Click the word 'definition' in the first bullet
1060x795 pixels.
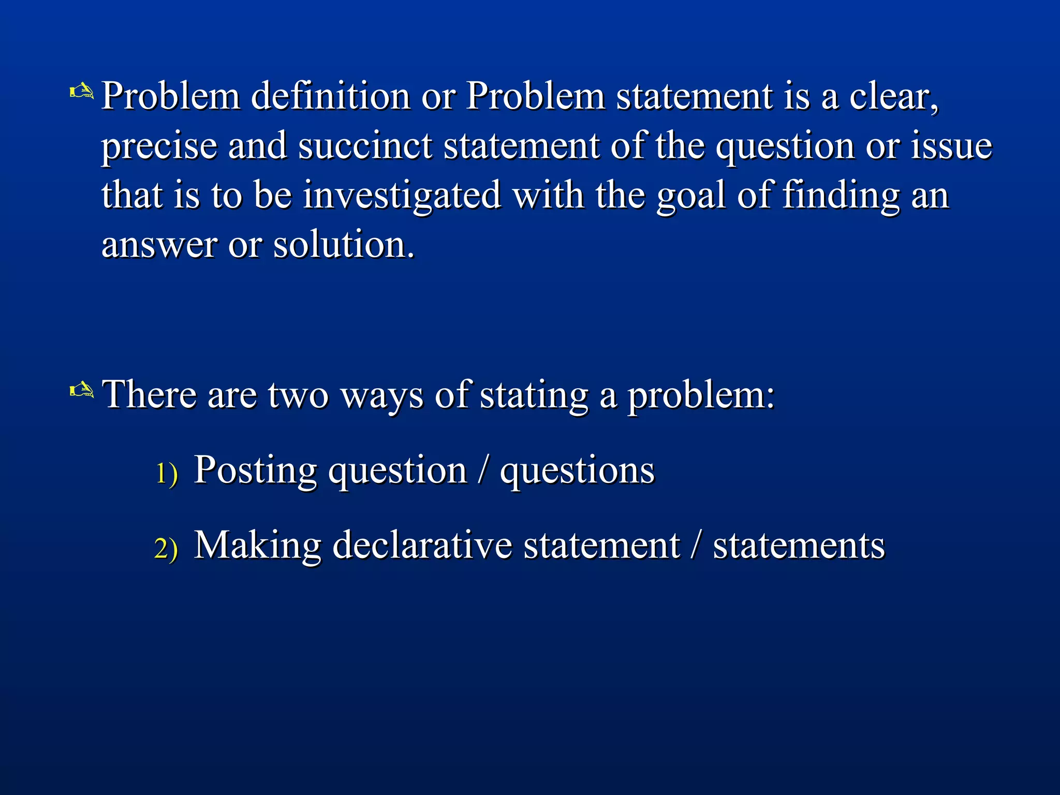click(x=331, y=96)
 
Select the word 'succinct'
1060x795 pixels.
click(x=365, y=146)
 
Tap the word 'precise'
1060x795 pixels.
click(x=159, y=146)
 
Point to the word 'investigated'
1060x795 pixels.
click(x=402, y=196)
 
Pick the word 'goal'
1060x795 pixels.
click(x=691, y=196)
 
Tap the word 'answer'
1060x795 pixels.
click(x=159, y=244)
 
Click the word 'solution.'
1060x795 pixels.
click(x=344, y=244)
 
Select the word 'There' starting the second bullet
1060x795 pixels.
click(x=149, y=394)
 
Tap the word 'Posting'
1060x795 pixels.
click(x=255, y=470)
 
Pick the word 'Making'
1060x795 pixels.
click(x=257, y=546)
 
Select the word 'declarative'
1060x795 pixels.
click(x=422, y=546)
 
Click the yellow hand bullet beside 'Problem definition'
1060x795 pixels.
click(x=82, y=92)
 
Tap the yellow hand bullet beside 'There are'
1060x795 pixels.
click(x=82, y=390)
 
